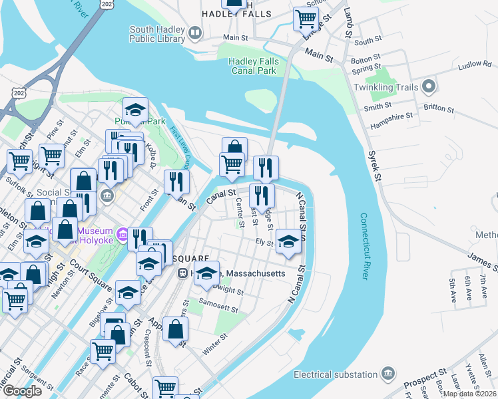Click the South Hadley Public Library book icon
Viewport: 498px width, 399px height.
point(195,33)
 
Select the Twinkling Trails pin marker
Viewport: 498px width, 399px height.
point(429,87)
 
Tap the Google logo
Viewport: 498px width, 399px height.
point(22,391)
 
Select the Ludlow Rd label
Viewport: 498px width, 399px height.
point(477,65)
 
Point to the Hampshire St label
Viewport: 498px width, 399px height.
point(388,115)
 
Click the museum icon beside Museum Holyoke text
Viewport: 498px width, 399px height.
point(122,234)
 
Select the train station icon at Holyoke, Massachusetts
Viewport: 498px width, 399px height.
point(182,273)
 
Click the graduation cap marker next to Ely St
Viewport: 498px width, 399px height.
point(288,241)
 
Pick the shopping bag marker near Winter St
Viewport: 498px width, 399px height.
point(175,329)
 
